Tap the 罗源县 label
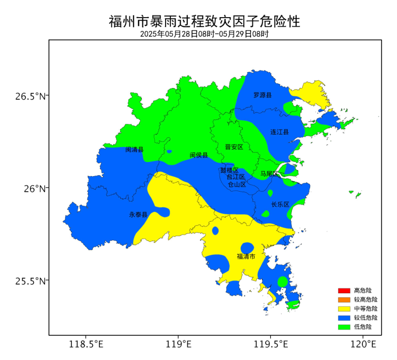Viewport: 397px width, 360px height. [262, 95]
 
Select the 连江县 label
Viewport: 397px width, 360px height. [280, 132]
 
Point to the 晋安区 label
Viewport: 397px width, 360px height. [234, 147]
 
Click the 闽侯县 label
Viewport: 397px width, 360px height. [198, 155]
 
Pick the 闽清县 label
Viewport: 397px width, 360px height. [135, 150]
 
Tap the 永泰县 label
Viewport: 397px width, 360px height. [138, 214]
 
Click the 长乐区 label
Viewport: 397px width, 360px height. [280, 204]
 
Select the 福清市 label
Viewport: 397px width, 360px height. [246, 256]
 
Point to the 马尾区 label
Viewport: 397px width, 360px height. [269, 174]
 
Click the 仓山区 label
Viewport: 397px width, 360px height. [237, 184]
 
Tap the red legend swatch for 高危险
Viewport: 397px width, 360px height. [344, 291]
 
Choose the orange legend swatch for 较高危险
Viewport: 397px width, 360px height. [344, 299]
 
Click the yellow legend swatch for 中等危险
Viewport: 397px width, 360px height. [344, 309]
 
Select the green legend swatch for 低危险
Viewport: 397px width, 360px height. [344, 327]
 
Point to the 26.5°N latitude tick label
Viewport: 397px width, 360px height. [30, 96]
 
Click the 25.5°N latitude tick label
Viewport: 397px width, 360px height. [30, 281]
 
